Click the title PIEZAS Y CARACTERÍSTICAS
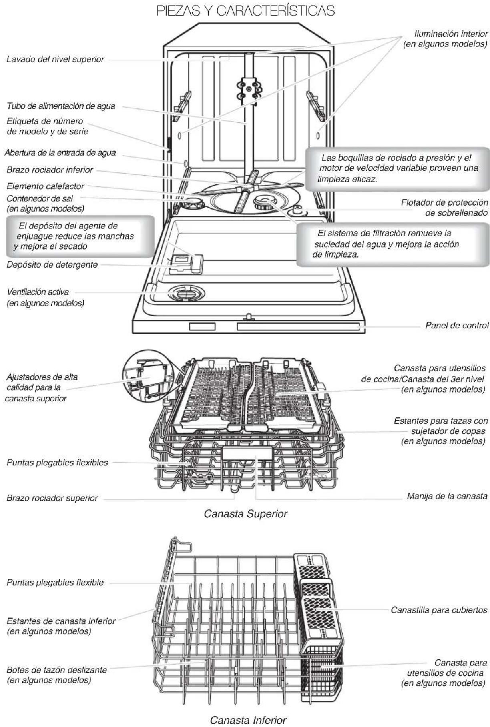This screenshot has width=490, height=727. pos(245,11)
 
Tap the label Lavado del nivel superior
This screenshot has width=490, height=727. pos(55,59)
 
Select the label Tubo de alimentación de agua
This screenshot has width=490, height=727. pos(61,106)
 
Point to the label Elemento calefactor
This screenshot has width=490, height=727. pos(45,186)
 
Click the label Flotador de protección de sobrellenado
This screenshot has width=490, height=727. pos(444,208)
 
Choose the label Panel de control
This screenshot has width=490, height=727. pos(456,325)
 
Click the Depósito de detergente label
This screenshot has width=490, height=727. pos(52,264)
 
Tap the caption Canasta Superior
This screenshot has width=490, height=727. pos(245,513)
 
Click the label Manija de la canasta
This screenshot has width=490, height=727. pos(447,496)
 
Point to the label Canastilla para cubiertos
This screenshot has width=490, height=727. pos(439,610)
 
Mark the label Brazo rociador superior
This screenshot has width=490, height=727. pos(52,498)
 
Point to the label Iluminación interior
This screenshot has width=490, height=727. pos(445,39)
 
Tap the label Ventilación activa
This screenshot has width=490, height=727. pos(45,297)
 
